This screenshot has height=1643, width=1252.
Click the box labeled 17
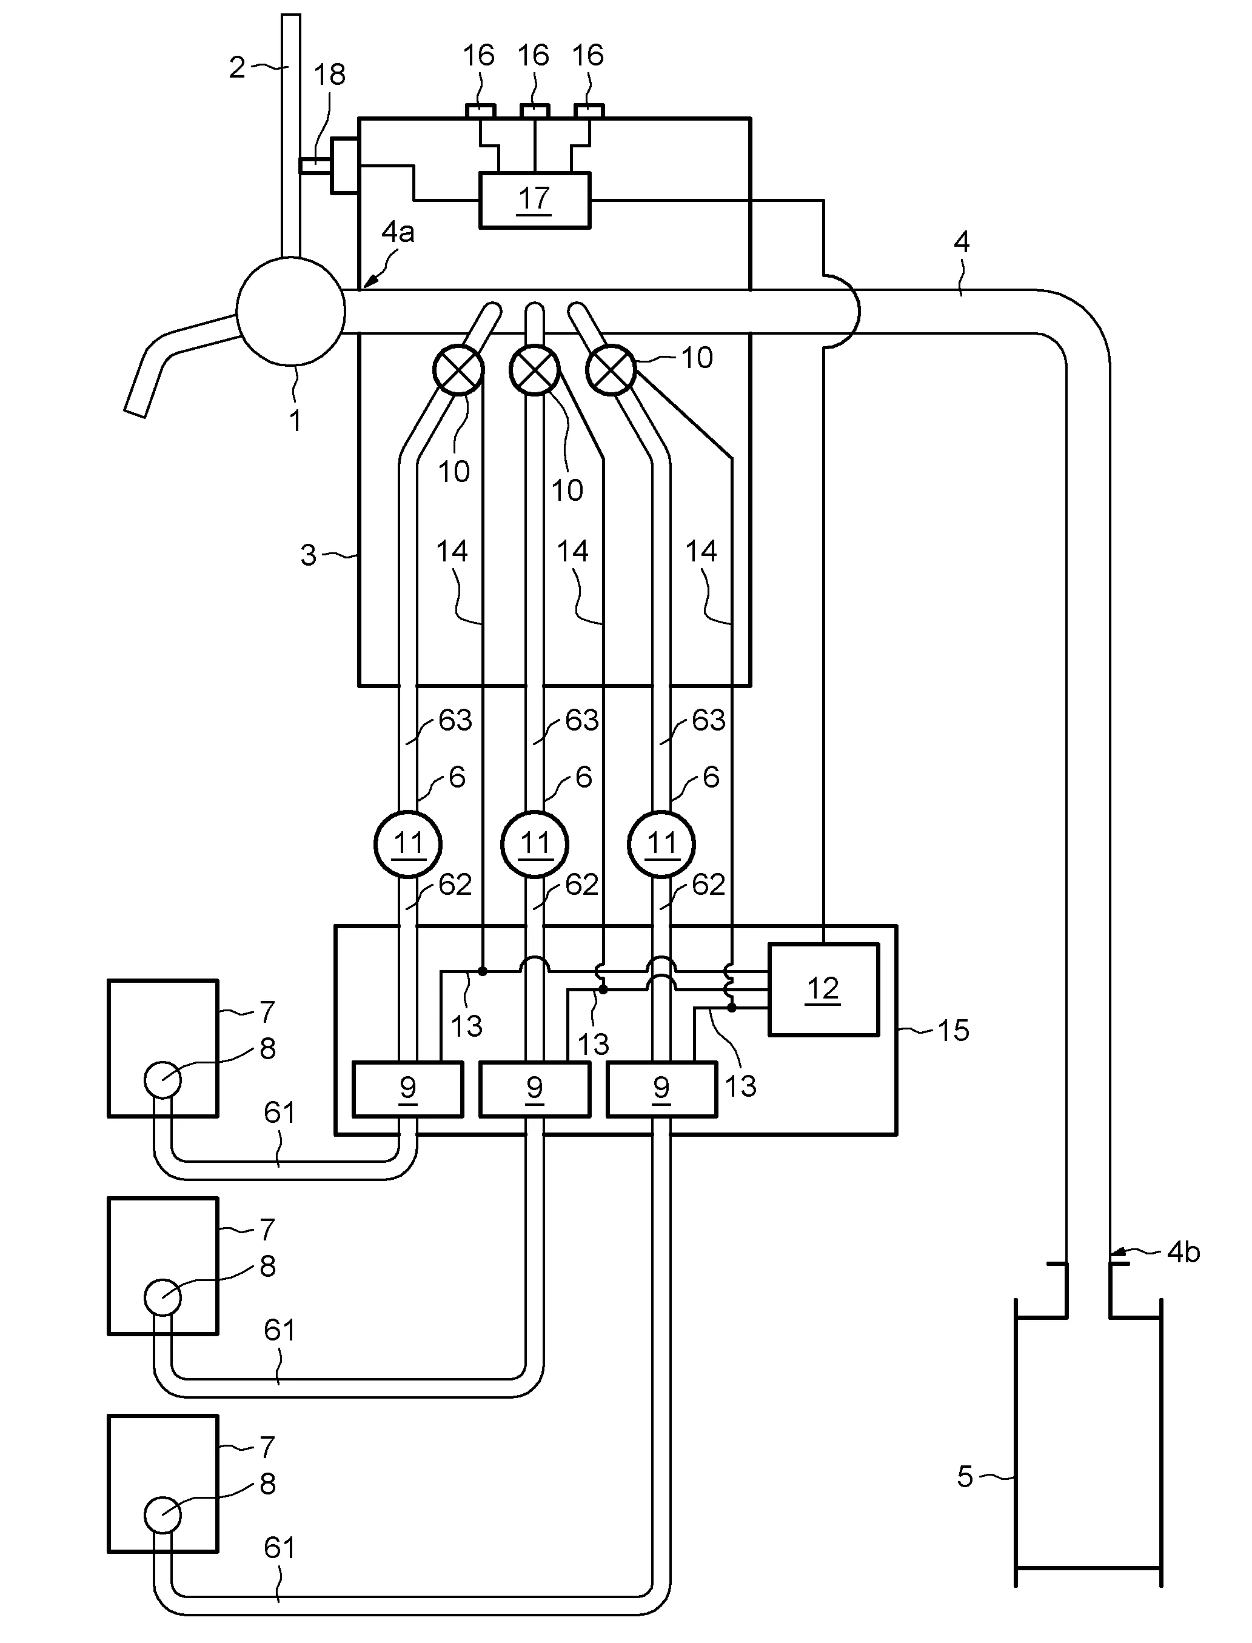coord(534,199)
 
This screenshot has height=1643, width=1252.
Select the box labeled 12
coord(823,989)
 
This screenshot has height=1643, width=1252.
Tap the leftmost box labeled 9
coord(407,1089)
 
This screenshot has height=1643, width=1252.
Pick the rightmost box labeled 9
coord(661,1089)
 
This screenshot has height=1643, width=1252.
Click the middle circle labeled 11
coord(534,844)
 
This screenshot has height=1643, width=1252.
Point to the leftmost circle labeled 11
coord(407,844)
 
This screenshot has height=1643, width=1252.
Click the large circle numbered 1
coord(290,311)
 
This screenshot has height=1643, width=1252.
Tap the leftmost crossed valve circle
coord(458,370)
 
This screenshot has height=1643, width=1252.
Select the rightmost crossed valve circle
coord(611,370)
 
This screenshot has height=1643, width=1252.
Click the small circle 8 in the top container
coord(162,1079)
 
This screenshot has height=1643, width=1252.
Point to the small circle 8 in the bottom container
coord(162,1515)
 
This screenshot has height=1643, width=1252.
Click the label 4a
coord(397,232)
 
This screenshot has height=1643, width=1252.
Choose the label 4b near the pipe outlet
coord(1183,1252)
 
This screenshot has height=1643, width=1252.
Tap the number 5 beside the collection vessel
coord(965,1476)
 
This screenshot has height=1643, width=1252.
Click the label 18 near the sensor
coord(329,75)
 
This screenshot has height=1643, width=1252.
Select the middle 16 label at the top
coord(533,55)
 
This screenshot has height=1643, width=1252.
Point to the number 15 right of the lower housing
coord(952,1031)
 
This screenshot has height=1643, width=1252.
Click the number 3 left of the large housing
coord(308,555)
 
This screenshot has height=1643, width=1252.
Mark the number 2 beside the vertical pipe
coord(237,68)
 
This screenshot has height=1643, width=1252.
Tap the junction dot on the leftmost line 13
coord(482,971)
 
